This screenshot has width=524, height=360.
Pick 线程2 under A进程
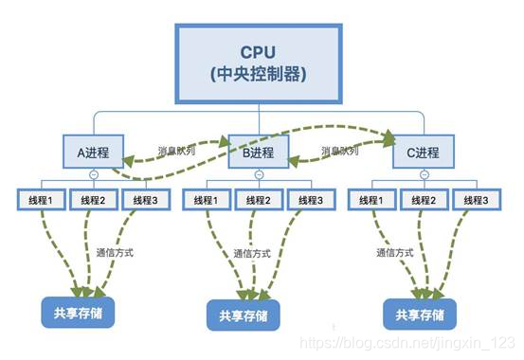(94, 200)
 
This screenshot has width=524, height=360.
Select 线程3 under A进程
(147, 200)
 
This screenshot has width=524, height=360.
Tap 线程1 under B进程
(206, 200)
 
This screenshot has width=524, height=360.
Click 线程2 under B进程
(258, 200)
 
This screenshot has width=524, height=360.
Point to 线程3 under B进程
(311, 200)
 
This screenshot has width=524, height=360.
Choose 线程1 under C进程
(370, 200)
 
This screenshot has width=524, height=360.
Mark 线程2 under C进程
(422, 200)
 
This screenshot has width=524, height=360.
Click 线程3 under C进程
(475, 200)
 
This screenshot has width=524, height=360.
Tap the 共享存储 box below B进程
(244, 315)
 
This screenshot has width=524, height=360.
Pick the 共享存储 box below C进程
(421, 314)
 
